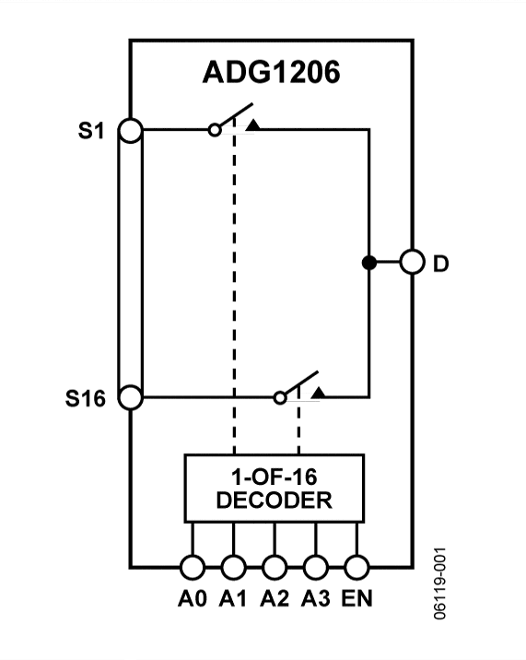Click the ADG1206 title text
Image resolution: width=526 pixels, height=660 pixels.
pos(271,73)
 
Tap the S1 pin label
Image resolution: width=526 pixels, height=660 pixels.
pos(91,131)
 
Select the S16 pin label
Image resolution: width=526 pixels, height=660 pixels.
pos(86,399)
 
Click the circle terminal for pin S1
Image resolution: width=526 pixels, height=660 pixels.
pos(131,131)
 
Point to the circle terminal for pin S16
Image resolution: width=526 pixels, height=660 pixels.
pos(131,398)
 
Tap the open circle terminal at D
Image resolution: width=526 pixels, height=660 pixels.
pos(412,264)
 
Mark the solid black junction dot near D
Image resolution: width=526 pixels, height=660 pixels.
pos(368,264)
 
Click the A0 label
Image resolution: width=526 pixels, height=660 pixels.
pos(193,598)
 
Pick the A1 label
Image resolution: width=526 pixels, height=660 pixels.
pos(234,598)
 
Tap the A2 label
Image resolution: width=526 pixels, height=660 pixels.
pos(275,598)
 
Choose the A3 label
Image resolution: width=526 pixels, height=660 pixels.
pos(315,598)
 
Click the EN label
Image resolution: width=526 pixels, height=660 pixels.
pos(357,598)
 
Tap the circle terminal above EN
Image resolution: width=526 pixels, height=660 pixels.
pos(357,567)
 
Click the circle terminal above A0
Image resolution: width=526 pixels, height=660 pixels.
pos(193,567)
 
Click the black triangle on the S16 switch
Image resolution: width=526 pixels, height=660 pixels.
pos(317,393)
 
